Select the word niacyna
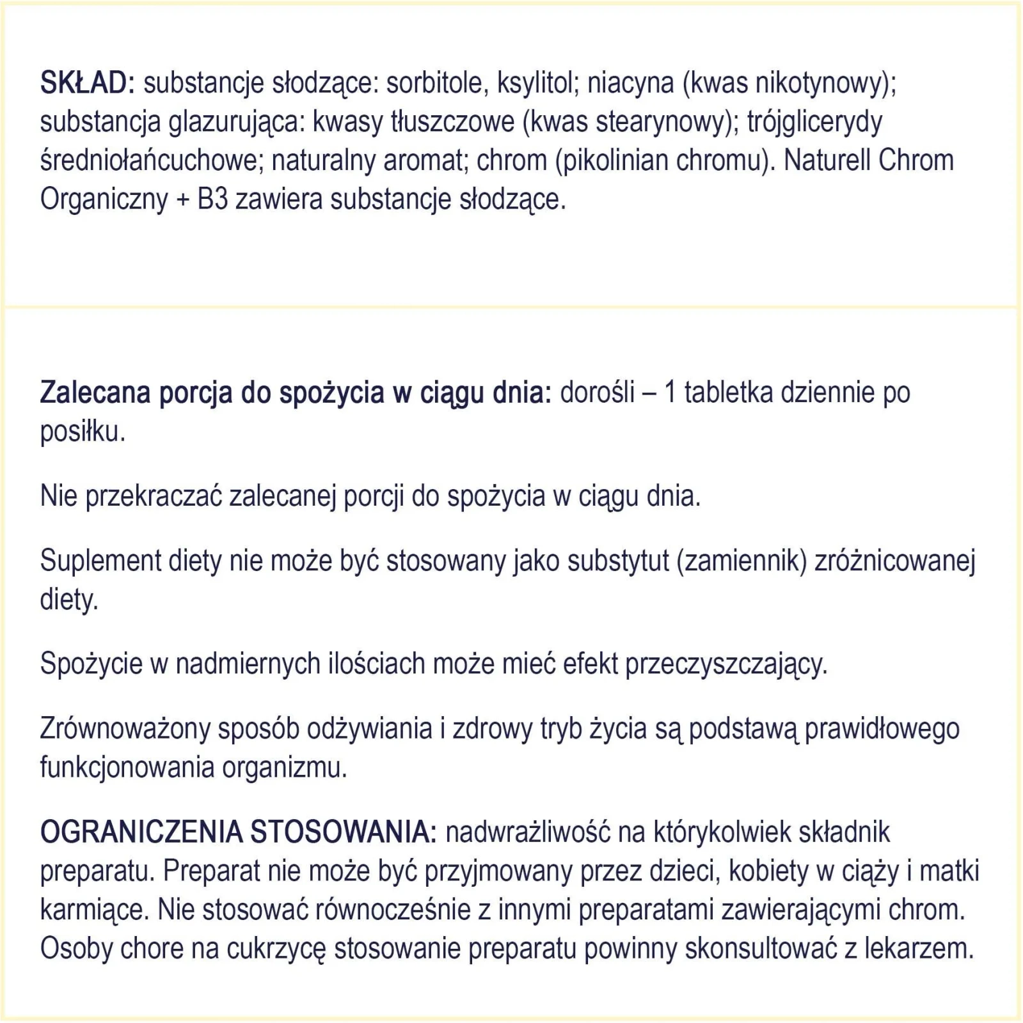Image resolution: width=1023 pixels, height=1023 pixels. (x=631, y=84)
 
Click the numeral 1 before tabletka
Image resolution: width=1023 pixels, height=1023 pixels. (x=670, y=393)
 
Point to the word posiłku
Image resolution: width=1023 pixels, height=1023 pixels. (x=83, y=432)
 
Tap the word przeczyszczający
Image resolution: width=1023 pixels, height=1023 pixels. (x=726, y=664)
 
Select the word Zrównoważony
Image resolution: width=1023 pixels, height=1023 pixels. (x=125, y=730)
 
